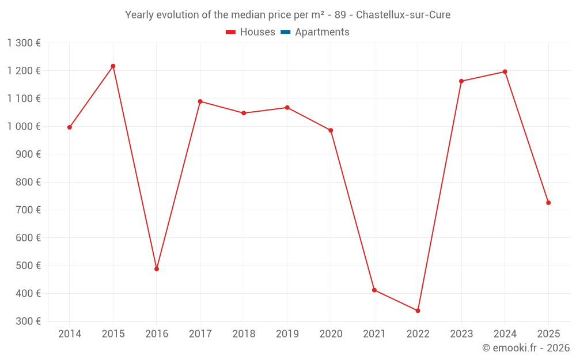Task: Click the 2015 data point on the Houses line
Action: [113, 66]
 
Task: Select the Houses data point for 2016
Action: [157, 269]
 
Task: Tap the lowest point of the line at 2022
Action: [418, 310]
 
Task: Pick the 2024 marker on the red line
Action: [505, 72]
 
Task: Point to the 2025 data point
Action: [548, 203]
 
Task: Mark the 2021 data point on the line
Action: [374, 290]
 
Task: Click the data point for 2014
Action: [70, 127]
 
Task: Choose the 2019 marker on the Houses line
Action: [287, 108]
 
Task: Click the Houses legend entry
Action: [251, 32]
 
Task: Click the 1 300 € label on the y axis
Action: [24, 43]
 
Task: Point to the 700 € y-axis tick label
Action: [28, 210]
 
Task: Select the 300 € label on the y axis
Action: [28, 321]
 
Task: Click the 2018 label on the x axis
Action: [244, 334]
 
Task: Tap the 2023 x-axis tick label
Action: [461, 334]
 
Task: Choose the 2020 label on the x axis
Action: [331, 334]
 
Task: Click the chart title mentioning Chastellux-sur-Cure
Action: [288, 15]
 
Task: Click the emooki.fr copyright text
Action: [525, 348]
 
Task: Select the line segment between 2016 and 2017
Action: [179, 185]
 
